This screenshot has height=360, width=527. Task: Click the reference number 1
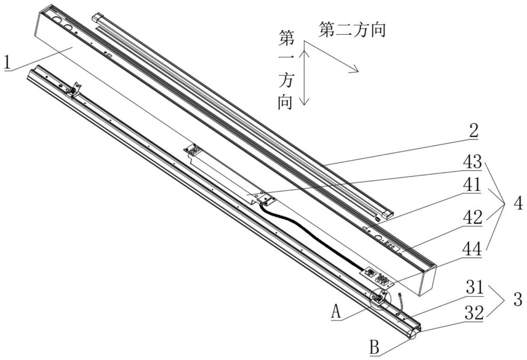pos(7,62)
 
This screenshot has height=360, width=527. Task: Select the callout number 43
pos(472,161)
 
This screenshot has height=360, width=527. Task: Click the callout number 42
pos(472,217)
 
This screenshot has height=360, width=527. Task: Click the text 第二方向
pos(353,30)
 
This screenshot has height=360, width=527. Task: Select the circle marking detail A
pos(379,300)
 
